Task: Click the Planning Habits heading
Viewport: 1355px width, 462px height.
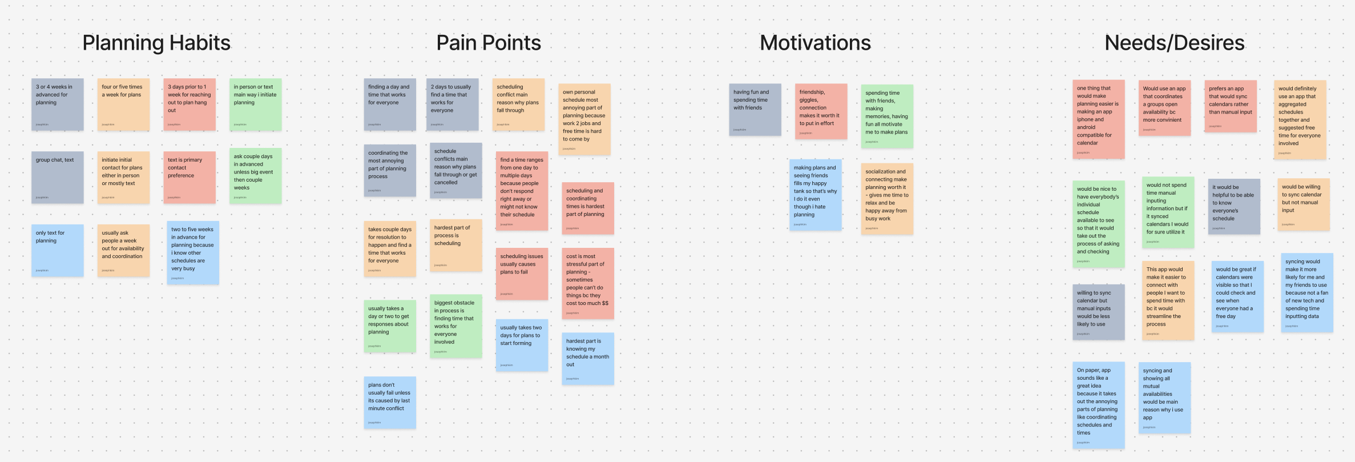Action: click(156, 43)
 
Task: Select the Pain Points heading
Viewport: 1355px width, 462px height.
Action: click(489, 43)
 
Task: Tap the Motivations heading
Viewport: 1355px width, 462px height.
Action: click(815, 43)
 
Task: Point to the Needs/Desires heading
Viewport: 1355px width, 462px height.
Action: click(1175, 43)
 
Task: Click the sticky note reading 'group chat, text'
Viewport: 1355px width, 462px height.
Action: click(57, 177)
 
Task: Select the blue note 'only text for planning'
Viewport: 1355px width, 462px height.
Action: click(57, 250)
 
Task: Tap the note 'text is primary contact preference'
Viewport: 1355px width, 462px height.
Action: click(189, 177)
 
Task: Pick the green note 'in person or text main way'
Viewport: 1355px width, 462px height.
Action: click(255, 105)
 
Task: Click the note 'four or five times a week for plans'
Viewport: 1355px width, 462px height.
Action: click(123, 105)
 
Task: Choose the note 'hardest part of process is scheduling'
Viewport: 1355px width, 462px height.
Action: click(455, 245)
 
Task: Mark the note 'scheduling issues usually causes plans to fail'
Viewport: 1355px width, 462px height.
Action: click(522, 274)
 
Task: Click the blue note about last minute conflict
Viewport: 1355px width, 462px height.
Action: click(390, 402)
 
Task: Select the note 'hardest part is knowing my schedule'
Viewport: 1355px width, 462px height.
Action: click(587, 359)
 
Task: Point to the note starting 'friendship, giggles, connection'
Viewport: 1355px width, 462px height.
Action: click(820, 111)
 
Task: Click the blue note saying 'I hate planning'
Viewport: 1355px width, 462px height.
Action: click(815, 195)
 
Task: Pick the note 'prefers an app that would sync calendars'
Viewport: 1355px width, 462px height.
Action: click(1230, 106)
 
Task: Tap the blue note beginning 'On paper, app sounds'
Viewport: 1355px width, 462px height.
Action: click(1098, 405)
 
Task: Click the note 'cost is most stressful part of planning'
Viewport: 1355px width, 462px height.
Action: click(587, 283)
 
